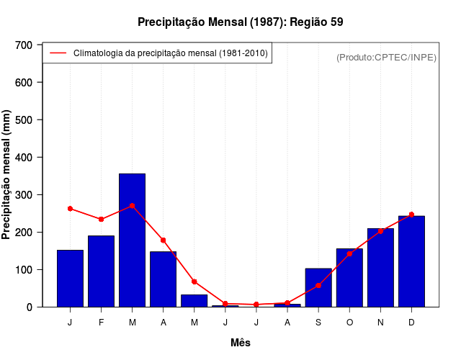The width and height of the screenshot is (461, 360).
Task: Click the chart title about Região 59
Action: click(x=240, y=22)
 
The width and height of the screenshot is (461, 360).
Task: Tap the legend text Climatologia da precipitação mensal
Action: click(x=171, y=53)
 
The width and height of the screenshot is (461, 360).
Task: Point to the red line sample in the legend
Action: click(x=58, y=53)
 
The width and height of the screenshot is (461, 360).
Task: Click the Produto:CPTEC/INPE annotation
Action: click(x=386, y=57)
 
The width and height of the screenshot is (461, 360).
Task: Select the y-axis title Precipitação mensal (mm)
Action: click(x=7, y=175)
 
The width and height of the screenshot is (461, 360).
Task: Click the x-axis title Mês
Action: click(x=241, y=343)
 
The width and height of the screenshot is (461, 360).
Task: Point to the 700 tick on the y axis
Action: click(x=24, y=45)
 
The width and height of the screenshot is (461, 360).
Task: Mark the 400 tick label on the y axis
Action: click(x=24, y=158)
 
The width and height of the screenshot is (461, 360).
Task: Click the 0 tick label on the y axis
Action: click(x=30, y=307)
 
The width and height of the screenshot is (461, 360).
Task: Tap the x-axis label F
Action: click(x=102, y=323)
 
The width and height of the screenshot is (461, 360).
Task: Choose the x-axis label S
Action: click(x=318, y=323)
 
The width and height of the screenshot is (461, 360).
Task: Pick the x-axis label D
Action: click(x=411, y=323)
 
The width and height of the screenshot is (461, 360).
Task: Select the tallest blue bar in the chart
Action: click(x=133, y=240)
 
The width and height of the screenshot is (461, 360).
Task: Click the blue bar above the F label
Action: click(x=102, y=271)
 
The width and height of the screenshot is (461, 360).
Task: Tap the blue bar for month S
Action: click(x=318, y=287)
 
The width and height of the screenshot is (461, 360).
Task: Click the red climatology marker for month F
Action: click(x=102, y=219)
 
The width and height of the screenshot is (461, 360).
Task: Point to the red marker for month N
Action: click(x=380, y=231)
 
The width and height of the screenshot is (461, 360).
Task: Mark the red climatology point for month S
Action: click(x=318, y=285)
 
